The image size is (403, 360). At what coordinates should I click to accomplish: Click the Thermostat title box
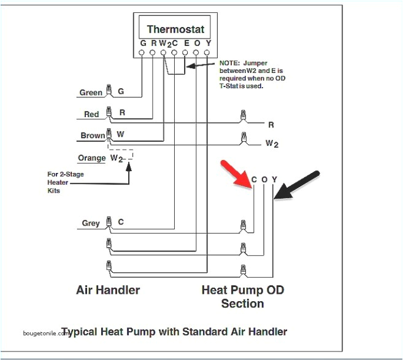pyautogui.click(x=175, y=29)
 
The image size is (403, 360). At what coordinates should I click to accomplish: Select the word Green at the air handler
pyautogui.click(x=91, y=93)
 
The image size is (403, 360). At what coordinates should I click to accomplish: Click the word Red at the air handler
pyautogui.click(x=91, y=115)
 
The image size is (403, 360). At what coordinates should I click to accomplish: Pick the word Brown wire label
pyautogui.click(x=93, y=136)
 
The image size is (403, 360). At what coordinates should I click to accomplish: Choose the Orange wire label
pyautogui.click(x=92, y=158)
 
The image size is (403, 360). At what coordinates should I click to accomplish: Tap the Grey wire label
pyautogui.click(x=90, y=224)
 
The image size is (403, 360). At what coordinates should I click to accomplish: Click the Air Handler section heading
pyautogui.click(x=107, y=289)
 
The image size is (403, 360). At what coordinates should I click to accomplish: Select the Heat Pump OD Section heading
pyautogui.click(x=243, y=296)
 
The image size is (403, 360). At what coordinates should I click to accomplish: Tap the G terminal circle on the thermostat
pyautogui.click(x=142, y=53)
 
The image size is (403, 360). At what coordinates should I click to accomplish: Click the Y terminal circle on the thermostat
pyautogui.click(x=208, y=53)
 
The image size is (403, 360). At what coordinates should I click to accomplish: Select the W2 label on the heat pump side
pyautogui.click(x=272, y=144)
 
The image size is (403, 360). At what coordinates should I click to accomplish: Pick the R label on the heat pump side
pyautogui.click(x=271, y=125)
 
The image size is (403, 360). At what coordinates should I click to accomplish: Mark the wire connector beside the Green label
pyautogui.click(x=109, y=91)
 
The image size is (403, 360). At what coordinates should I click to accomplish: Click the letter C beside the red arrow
pyautogui.click(x=254, y=180)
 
